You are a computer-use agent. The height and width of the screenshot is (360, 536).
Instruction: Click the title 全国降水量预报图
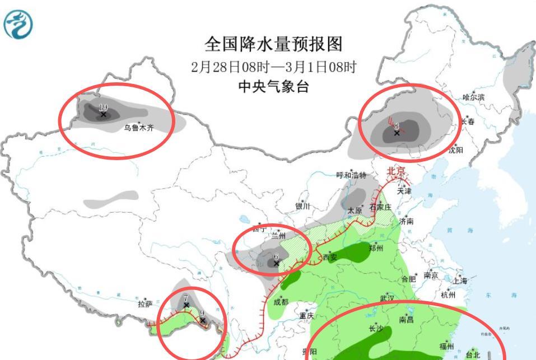[x=273, y=44]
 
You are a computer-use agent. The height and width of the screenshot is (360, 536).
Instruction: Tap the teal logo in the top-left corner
[x=18, y=25]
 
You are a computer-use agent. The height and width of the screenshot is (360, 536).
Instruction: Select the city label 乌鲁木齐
[x=138, y=128]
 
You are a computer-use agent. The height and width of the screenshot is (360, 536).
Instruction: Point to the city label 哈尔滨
[x=473, y=98]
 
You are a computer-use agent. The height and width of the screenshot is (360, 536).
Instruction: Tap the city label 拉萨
[x=145, y=304]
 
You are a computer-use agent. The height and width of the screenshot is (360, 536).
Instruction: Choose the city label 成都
[x=281, y=302]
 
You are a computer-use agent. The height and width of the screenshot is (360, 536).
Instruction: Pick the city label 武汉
[x=387, y=298]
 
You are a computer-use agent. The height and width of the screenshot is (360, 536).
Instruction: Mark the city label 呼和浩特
[x=351, y=176]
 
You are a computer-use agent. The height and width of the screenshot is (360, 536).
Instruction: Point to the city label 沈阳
[x=455, y=150]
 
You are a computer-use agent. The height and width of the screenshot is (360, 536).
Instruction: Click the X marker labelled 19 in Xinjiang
[x=103, y=114]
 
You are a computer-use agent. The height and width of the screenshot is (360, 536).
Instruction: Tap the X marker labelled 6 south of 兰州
[x=276, y=263]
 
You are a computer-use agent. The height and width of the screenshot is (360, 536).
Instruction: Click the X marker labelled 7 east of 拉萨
[x=187, y=305]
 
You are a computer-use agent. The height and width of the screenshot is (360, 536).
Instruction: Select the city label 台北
[x=473, y=354]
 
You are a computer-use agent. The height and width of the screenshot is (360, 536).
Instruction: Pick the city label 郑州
[x=376, y=248]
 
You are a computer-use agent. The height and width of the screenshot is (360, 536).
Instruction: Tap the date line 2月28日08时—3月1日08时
[x=273, y=67]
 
